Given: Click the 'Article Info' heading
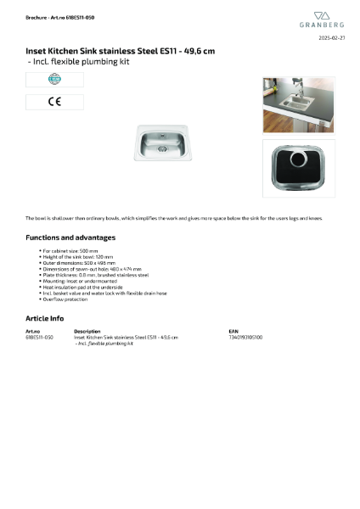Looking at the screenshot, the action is [45, 317].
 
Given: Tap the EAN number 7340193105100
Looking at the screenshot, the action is [245, 337].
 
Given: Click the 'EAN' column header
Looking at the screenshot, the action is [233, 331].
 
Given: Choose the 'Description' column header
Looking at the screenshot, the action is [87, 331].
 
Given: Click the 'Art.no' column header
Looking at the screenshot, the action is [33, 331].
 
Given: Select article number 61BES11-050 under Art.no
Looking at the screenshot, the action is [40, 337].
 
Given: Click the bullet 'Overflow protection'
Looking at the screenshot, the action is [65, 299].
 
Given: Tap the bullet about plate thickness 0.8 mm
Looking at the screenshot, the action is [95, 275].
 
